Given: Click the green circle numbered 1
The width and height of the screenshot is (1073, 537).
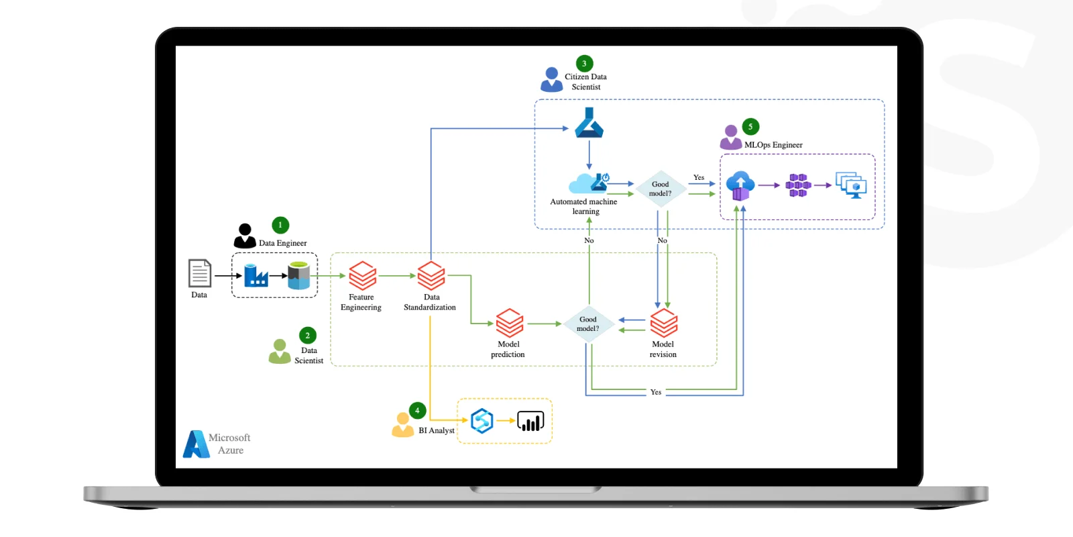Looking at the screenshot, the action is point(280,225).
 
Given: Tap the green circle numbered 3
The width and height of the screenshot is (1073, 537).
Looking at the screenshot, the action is point(584,63).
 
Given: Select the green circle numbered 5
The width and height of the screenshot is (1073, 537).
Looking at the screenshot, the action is point(750,127).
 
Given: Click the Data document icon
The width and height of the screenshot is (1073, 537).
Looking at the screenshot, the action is point(200,273).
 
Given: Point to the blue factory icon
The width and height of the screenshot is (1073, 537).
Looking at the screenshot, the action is point(256,275).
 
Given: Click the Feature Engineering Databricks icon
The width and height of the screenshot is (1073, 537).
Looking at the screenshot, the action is point(363,276).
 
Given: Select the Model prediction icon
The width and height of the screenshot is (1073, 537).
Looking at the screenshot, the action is point(510,323).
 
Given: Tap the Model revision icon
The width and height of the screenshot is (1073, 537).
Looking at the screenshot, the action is point(664,323).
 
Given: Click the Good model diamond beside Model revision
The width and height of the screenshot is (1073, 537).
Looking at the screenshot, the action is point(588,324).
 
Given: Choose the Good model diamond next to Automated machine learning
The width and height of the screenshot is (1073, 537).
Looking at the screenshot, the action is point(661,189).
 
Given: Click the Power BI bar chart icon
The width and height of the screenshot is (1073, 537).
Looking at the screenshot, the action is point(530,421).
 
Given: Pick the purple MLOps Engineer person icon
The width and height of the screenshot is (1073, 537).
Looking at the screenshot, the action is point(730,138).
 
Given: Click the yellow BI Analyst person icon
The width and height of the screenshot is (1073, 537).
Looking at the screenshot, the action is point(403,425).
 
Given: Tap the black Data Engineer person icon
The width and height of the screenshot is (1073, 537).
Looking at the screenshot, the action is point(245,236).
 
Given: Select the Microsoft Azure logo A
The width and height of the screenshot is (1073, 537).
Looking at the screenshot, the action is point(196,444).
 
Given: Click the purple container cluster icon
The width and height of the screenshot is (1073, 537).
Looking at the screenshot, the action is point(798,185).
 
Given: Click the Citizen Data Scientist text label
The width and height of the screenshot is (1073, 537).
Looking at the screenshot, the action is point(586,81).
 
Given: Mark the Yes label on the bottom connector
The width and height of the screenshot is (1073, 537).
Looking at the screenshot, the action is point(656,392).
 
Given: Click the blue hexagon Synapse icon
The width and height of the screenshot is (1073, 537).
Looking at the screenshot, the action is point(482,421).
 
